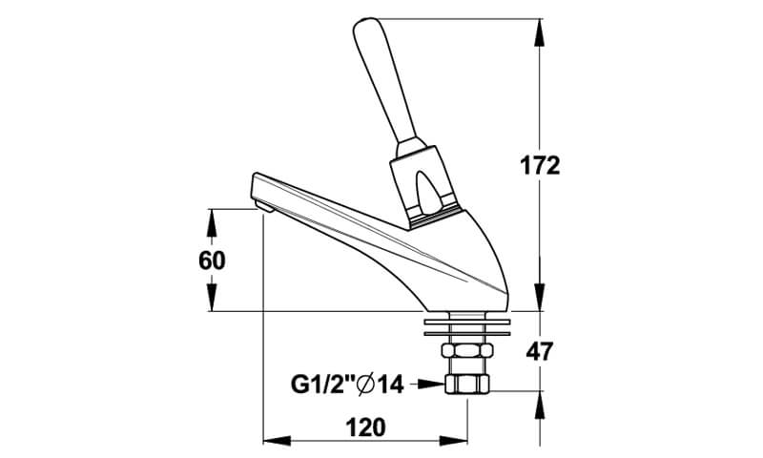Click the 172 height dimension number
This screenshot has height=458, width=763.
pyautogui.click(x=540, y=166)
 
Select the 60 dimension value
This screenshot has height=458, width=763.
pyautogui.click(x=212, y=260)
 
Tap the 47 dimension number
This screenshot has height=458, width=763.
pyautogui.click(x=540, y=351)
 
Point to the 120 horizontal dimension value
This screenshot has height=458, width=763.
pyautogui.click(x=365, y=427)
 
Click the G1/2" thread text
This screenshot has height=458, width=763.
pyautogui.click(x=322, y=385)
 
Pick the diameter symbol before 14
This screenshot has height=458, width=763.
pyautogui.click(x=367, y=385)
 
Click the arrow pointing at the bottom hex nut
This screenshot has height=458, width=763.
pyautogui.click(x=428, y=384)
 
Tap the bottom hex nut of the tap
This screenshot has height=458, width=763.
pyautogui.click(x=467, y=384)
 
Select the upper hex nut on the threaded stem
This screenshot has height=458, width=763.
pyautogui.click(x=467, y=350)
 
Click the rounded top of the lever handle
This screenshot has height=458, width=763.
pyautogui.click(x=366, y=27)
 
